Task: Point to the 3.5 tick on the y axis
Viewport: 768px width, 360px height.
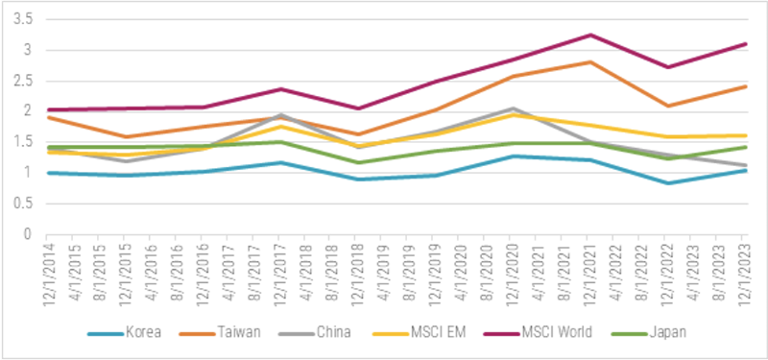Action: pos(22,19)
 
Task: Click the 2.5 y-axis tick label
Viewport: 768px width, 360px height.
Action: pos(22,81)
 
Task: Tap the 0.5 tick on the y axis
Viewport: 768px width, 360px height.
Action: pos(22,204)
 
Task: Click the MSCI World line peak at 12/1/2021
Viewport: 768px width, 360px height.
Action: pos(590,36)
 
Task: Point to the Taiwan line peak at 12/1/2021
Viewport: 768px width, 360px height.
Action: pos(590,62)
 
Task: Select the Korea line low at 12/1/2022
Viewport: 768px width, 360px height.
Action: pos(668,183)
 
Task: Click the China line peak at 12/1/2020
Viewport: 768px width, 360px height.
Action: pos(513,108)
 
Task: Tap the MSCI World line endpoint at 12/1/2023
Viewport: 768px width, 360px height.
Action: pos(746,44)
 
